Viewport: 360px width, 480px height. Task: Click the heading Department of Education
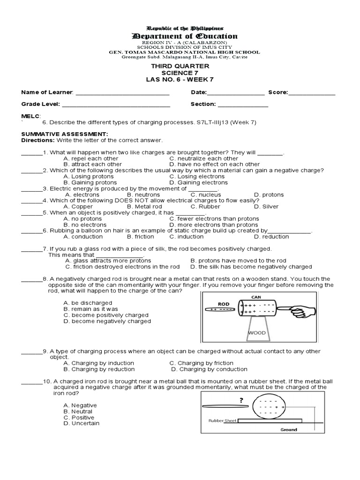pyautogui.click(x=184, y=37)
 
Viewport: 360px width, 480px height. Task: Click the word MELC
pyautogui.click(x=30, y=115)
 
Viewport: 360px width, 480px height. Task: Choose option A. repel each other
pyautogui.click(x=91, y=158)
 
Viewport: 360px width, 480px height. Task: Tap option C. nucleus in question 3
pyautogui.click(x=205, y=195)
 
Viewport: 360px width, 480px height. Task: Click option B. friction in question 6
pyautogui.click(x=141, y=237)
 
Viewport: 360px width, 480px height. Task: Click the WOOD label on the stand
pyautogui.click(x=257, y=333)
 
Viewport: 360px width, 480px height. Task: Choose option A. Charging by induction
pyautogui.click(x=98, y=363)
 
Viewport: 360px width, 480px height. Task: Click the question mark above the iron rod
pyautogui.click(x=241, y=400)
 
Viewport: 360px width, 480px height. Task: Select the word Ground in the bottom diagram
pyautogui.click(x=289, y=430)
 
